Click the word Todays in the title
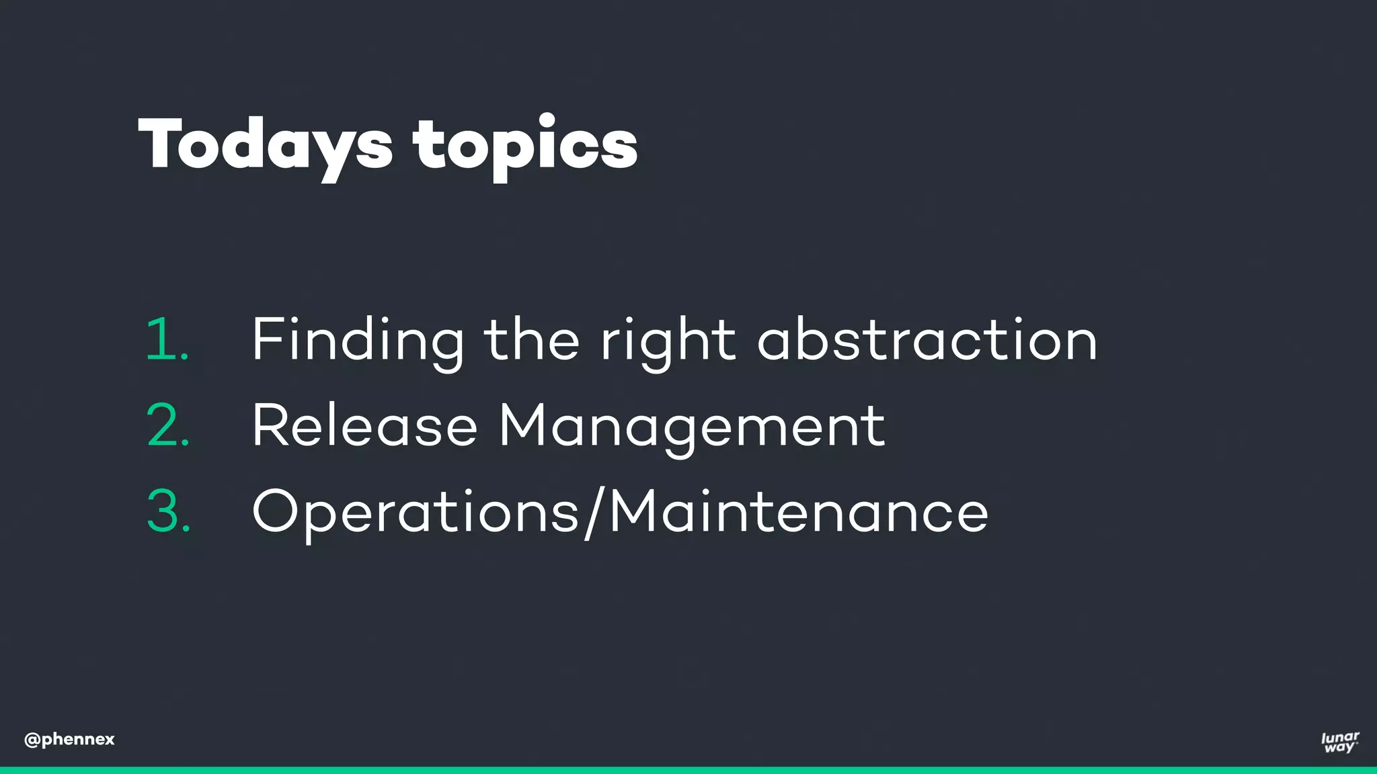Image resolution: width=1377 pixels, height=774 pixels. (x=265, y=144)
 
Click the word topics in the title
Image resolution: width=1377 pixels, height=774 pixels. (x=525, y=144)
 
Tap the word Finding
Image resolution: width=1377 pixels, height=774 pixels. (x=358, y=340)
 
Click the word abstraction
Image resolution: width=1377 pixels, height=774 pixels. (x=927, y=340)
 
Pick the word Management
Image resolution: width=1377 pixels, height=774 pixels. (x=692, y=426)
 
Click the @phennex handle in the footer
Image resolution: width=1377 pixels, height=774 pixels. (x=69, y=740)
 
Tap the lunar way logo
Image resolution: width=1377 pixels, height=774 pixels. (x=1339, y=742)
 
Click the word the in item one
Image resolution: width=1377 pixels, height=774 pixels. (x=531, y=339)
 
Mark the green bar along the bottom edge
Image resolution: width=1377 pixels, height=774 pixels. (x=688, y=770)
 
